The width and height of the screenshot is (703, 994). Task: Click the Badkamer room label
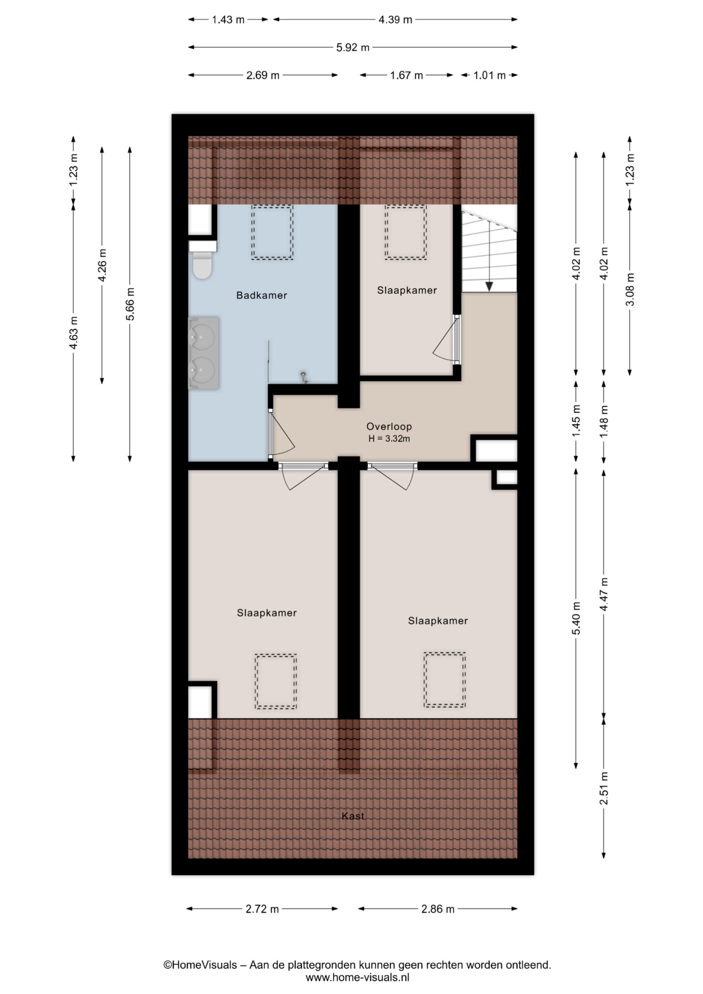261,295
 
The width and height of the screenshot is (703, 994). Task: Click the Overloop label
389,427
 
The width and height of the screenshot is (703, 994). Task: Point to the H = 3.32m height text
389,439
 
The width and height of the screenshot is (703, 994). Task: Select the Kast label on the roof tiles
353,816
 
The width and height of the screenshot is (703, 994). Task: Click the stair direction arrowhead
489,286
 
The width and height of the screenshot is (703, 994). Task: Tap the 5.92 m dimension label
353,48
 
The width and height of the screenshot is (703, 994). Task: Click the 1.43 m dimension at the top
228,20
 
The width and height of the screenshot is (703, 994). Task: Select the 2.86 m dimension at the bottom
438,909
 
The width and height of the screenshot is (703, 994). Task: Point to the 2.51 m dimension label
604,788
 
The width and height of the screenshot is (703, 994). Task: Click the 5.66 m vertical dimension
130,304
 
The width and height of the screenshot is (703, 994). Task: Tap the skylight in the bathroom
272,231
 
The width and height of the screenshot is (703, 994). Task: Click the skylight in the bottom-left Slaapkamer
275,681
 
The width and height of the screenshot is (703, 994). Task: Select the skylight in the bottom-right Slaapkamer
445,679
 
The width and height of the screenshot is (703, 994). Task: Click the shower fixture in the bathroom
304,376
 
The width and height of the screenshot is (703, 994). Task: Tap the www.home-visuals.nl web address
358,978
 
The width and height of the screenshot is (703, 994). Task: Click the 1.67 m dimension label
406,76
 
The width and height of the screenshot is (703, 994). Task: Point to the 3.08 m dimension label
630,289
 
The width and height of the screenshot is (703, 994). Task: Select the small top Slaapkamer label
407,290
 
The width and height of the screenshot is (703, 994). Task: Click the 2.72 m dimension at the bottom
262,909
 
